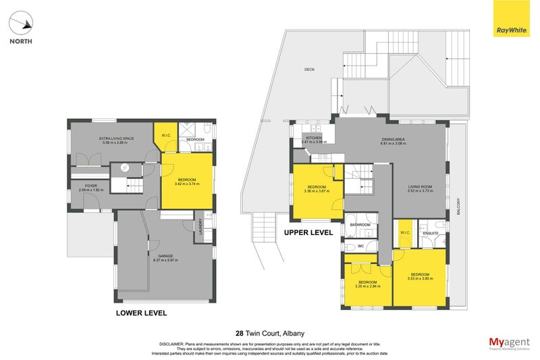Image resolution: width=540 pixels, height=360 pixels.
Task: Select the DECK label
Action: pos(310,69)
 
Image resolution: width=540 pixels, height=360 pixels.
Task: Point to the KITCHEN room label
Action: pos(314,137)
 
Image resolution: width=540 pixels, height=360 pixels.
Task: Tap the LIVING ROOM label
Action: pos(420,186)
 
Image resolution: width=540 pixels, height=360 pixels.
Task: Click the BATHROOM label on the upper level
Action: pos(360,224)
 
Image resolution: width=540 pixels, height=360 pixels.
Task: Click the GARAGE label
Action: pos(165,256)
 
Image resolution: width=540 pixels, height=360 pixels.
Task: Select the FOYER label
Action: pos(89,186)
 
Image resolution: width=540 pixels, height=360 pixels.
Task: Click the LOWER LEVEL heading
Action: pos(141,313)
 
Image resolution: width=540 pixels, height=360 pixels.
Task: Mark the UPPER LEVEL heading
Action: pos(308,232)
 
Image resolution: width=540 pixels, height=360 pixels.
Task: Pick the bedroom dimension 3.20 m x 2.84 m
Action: pos(367,286)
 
